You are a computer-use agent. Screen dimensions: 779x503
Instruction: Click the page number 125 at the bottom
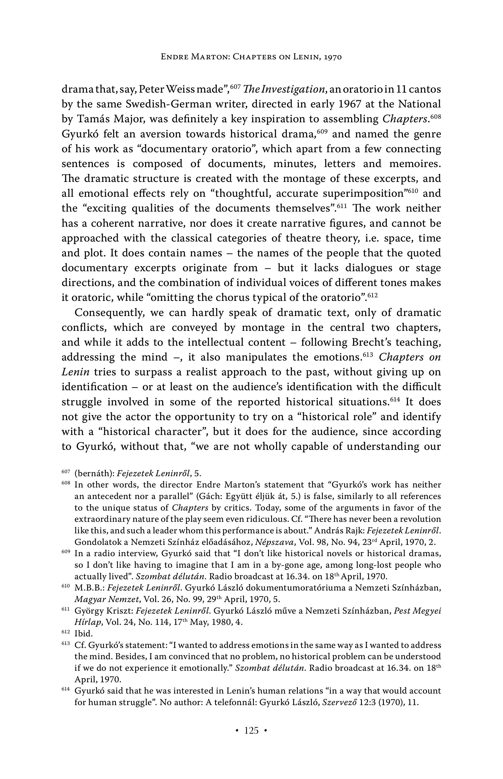(251, 730)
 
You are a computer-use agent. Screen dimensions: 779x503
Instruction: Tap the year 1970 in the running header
(333, 57)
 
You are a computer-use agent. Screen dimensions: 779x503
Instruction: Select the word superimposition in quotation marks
(363, 194)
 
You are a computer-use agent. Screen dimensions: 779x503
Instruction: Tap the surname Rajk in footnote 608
(355, 531)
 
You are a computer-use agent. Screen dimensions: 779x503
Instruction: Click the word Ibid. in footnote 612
(84, 634)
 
